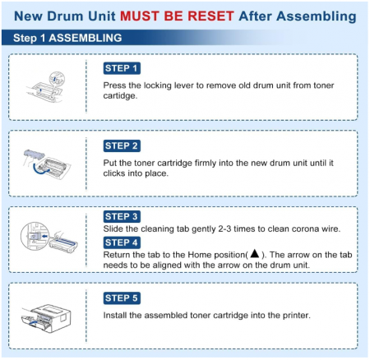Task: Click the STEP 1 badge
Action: (x=122, y=68)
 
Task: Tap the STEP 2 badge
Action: (x=122, y=145)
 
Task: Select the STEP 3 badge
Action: (x=122, y=216)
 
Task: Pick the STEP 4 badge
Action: (x=122, y=242)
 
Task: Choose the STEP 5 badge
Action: (x=122, y=298)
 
